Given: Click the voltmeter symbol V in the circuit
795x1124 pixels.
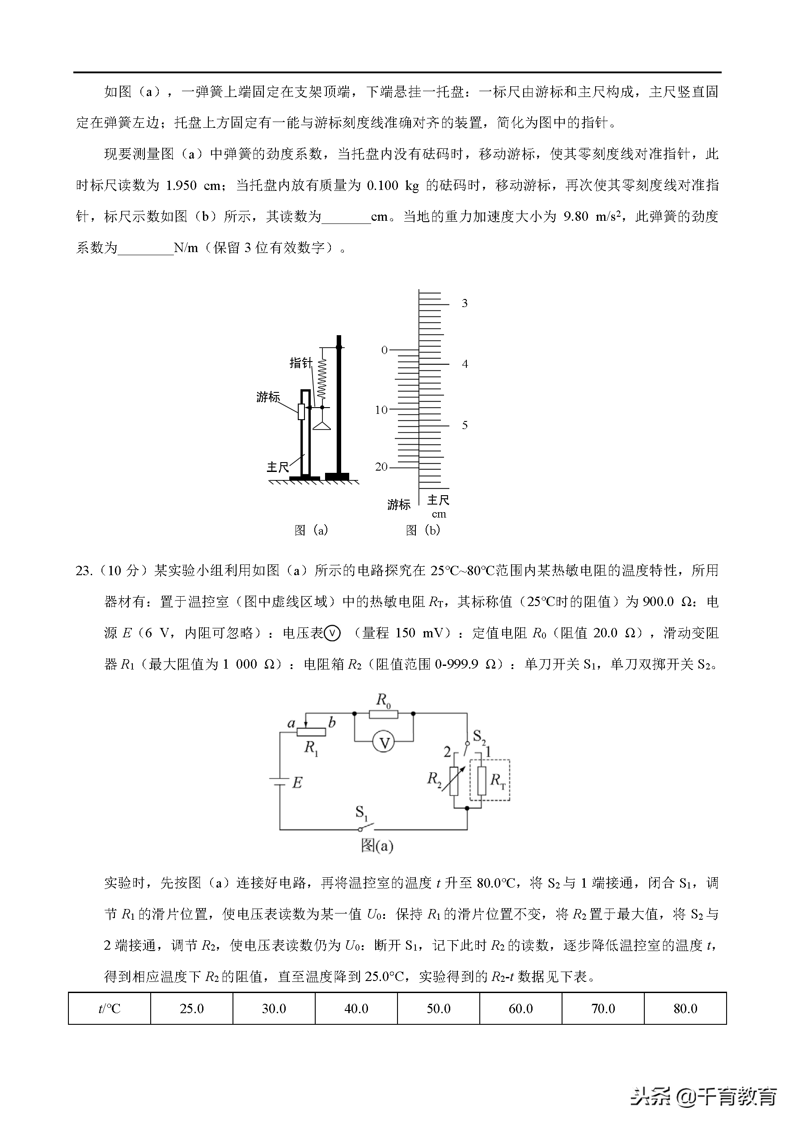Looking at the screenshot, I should (x=384, y=743).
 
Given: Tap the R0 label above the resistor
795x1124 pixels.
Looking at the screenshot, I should (x=383, y=700).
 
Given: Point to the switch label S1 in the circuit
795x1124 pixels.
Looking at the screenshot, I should (x=361, y=813).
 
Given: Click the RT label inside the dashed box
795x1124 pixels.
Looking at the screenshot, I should (x=498, y=780).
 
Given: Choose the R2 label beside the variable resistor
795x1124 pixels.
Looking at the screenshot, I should (x=434, y=779).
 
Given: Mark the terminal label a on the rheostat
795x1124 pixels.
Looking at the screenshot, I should (x=292, y=724).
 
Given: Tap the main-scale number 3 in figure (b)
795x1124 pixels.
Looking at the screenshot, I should (x=465, y=303).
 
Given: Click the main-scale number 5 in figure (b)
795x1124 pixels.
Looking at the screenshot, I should (x=465, y=425).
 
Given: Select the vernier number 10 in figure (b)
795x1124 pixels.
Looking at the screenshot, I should (x=381, y=410).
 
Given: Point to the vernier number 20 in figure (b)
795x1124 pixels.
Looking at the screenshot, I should (x=381, y=467).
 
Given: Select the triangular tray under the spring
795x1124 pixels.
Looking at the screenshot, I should (x=322, y=426).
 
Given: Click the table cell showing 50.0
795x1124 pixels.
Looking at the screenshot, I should (x=438, y=1008).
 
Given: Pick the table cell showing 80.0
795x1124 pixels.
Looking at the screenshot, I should (x=685, y=1008).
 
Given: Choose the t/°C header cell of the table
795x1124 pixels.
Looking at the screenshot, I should (x=109, y=1008).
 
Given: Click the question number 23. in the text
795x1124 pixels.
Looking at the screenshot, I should (x=84, y=571).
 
